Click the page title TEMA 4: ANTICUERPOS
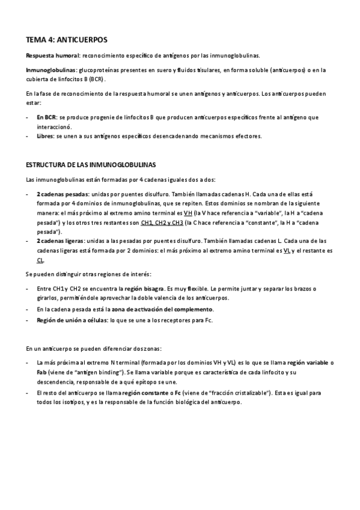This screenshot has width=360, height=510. click(x=66, y=40)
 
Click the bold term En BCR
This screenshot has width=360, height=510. click(x=46, y=117)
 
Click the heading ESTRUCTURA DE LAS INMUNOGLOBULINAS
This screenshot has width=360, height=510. click(x=91, y=165)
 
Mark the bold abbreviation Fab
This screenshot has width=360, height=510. click(x=42, y=372)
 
